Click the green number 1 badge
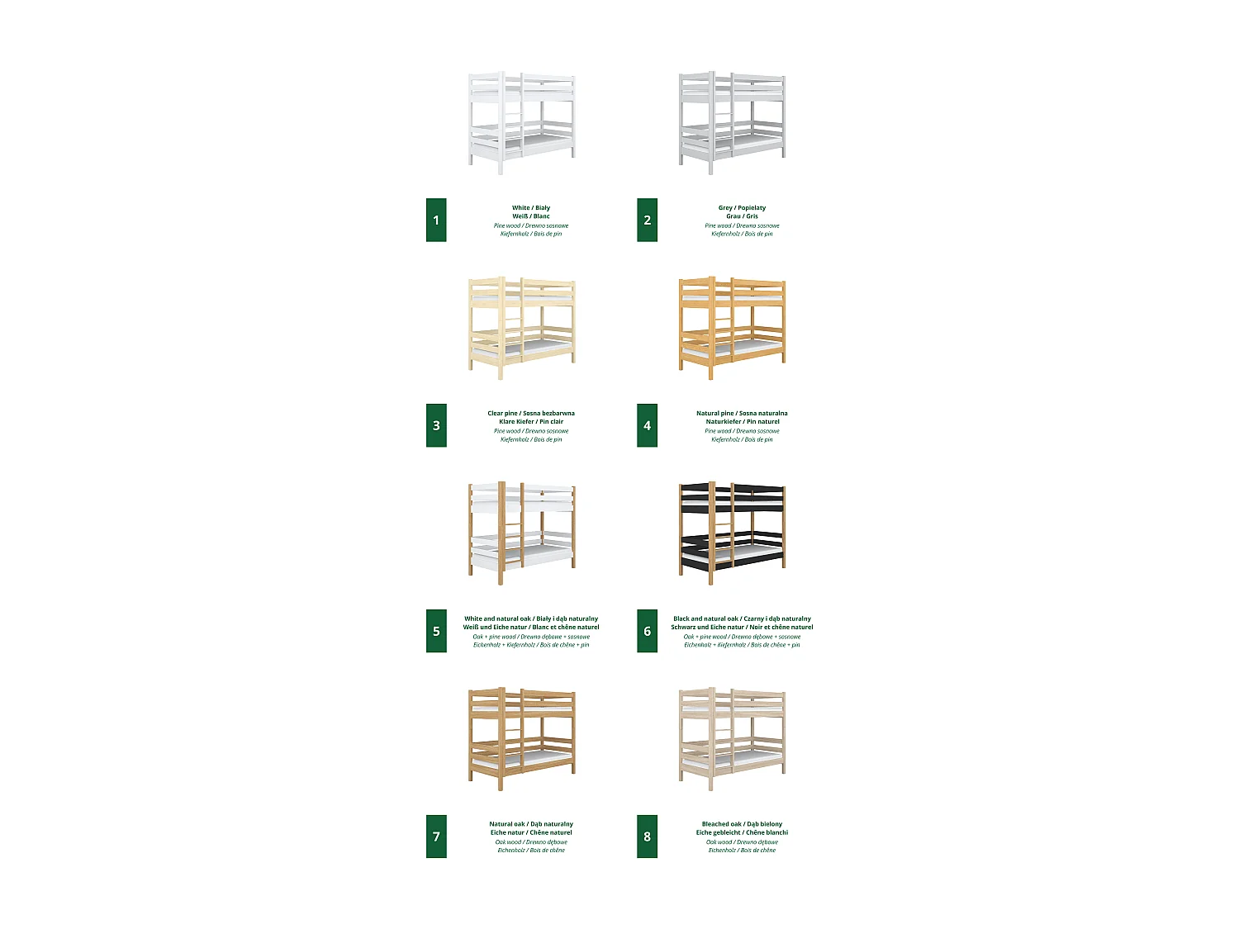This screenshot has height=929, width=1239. (x=436, y=220)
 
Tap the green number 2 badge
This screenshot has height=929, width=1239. (x=647, y=220)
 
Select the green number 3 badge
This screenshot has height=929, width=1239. (x=436, y=425)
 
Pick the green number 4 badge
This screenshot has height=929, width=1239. (x=647, y=425)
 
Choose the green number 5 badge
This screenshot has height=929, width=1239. (x=436, y=631)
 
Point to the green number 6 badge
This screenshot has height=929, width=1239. (x=647, y=631)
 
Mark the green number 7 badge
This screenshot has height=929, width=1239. (x=436, y=837)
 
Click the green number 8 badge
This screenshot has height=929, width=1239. (x=647, y=837)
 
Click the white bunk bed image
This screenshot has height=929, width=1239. (x=522, y=122)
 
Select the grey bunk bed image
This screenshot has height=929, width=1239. (x=733, y=122)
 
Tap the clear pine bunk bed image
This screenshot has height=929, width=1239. (x=522, y=328)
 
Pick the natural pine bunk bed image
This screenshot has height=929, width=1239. (x=733, y=328)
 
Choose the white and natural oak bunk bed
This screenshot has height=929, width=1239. (x=522, y=533)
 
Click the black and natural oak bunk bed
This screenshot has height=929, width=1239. (x=733, y=533)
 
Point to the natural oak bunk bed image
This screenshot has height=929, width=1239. (x=522, y=739)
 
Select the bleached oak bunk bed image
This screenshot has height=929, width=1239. (x=733, y=739)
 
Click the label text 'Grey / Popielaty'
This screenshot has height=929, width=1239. (x=742, y=208)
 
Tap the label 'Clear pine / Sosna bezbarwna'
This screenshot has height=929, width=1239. (x=531, y=413)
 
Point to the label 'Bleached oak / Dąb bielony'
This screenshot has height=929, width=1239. (x=742, y=824)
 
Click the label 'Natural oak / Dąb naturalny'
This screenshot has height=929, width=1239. (x=531, y=824)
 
